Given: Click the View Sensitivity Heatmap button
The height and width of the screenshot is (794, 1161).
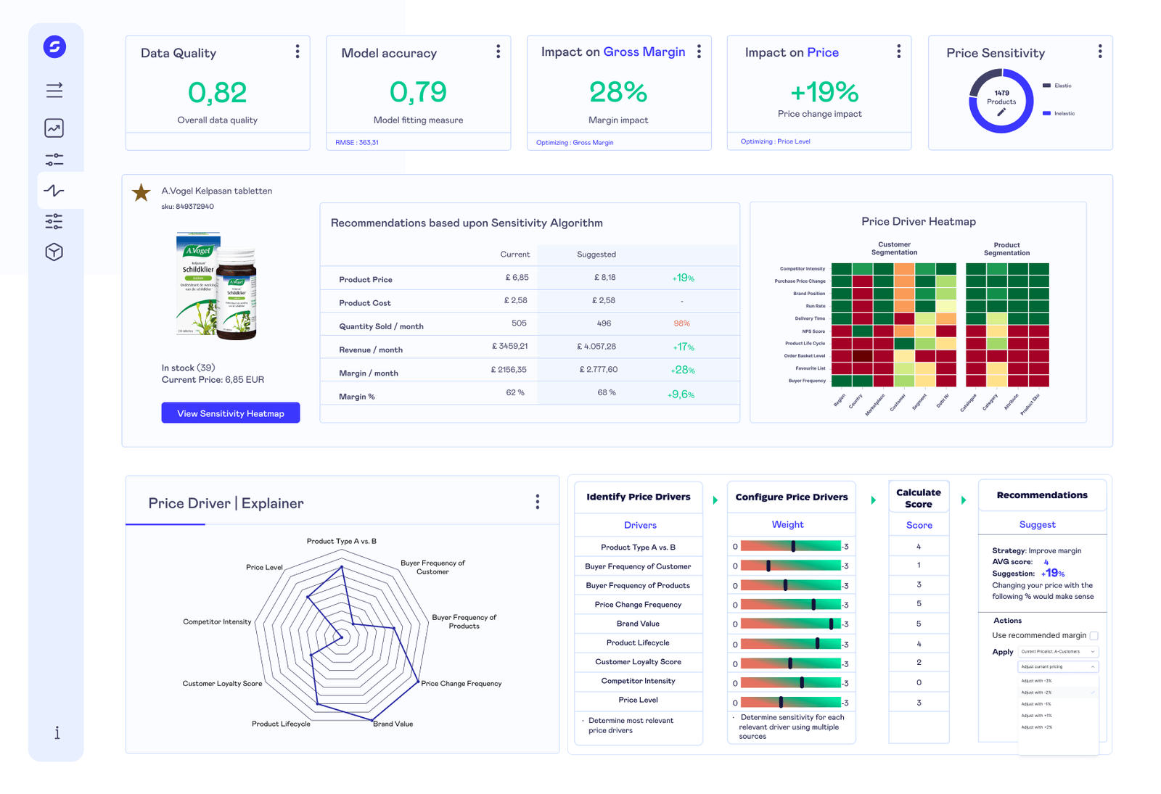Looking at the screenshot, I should coord(230,413).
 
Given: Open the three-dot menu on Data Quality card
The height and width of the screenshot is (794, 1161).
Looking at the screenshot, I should coord(298,51).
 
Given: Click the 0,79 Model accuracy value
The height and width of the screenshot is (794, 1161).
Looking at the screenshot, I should coord(418,92).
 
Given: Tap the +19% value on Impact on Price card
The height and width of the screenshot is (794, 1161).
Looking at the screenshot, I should coord(824,92).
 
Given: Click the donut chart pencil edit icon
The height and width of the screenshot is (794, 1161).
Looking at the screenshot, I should coord(1001,112).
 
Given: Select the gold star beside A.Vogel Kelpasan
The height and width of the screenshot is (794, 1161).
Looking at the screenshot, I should coord(141,192).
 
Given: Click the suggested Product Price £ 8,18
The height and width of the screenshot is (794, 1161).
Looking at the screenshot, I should coord(604,277).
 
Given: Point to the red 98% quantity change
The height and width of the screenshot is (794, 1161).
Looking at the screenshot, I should coord(681,323).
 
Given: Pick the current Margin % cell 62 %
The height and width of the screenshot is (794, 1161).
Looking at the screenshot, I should coord(515,392).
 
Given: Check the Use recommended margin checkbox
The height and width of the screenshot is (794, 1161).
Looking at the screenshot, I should coord(1094,635).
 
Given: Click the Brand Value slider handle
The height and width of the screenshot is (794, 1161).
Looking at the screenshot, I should coord(831,624).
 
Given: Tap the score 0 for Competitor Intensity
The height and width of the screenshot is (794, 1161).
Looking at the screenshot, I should coord(919,682).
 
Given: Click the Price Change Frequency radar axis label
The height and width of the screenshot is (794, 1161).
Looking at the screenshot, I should coord(461,683).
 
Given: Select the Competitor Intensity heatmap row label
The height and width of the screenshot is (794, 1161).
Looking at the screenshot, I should coord(803,269).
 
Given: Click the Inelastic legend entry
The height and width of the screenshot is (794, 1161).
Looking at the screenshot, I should coord(1064,113).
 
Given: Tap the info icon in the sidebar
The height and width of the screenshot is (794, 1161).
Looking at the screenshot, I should coord(57,732).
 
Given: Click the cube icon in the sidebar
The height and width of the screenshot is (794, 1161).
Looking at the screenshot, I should coord(54,252).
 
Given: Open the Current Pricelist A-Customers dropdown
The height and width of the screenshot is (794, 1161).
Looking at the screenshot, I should coord(1058,651).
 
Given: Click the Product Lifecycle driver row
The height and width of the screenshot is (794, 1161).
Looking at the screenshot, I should coord(638,642).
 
